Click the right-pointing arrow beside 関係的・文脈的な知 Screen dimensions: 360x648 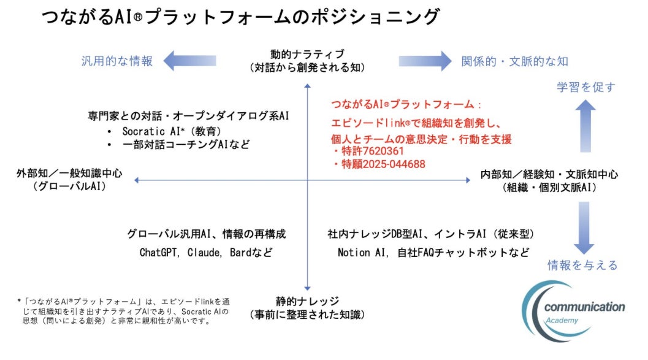[x=424, y=61]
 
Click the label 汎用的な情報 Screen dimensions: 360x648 [x=117, y=61]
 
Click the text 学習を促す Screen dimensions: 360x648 [x=585, y=87]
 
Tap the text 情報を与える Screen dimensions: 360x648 [x=582, y=265]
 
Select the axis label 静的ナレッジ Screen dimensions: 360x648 [x=307, y=302]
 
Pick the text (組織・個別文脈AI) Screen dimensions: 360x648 [x=549, y=187]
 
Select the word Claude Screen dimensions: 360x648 [x=207, y=252]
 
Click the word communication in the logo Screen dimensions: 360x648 [x=584, y=307]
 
